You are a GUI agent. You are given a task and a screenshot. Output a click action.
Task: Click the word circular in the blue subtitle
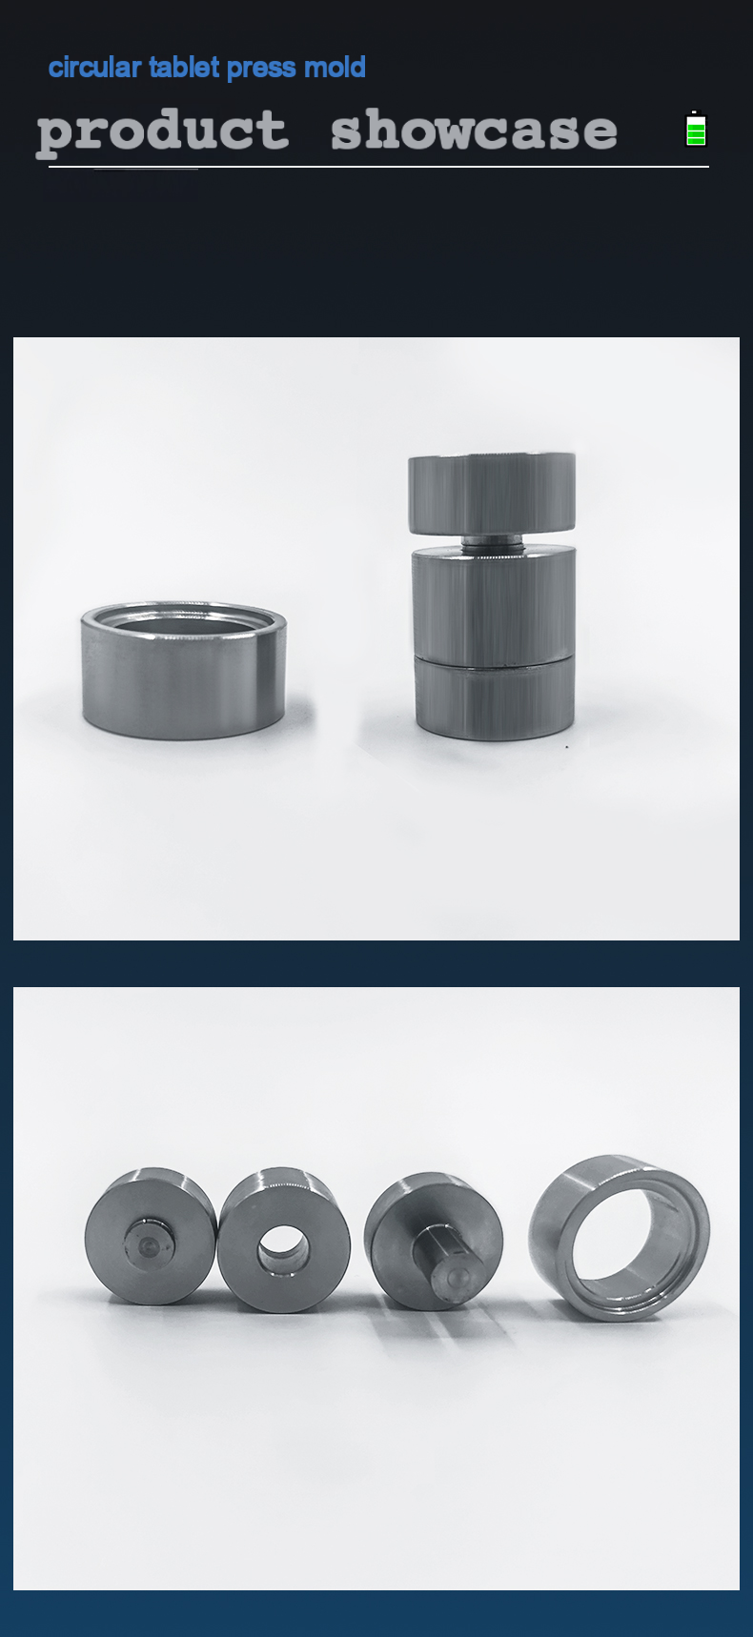coord(94,68)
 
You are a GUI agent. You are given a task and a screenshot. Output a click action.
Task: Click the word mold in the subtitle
coord(335,68)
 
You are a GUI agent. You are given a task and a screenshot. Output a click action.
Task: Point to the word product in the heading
coord(162,131)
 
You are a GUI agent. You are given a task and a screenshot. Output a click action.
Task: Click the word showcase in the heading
coord(474,130)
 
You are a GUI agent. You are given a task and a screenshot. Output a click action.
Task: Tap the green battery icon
coord(697,129)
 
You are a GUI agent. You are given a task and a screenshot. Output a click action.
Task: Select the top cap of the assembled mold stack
coord(492,494)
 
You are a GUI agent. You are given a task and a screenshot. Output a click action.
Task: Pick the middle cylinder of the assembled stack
coord(493,603)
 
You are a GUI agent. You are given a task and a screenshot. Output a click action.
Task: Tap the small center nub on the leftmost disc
coord(148,1243)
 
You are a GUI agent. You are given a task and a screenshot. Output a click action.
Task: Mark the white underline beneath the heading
coord(378,167)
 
